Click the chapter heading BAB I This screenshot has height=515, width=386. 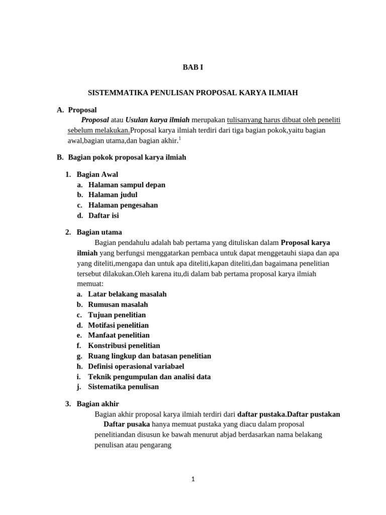pos(192,67)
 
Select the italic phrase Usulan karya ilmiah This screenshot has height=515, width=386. pos(157,120)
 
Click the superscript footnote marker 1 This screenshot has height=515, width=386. pos(180,139)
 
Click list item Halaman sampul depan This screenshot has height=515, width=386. pos(127,185)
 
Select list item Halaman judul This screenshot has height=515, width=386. pos(113,195)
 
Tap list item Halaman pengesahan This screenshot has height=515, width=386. pos(123,205)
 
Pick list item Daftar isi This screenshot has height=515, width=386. pos(104,215)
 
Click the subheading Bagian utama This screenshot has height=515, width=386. pos(99,232)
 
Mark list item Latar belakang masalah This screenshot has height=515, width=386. pos(127,294)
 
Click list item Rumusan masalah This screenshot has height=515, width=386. pos(118,304)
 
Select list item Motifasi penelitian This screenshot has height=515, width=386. pos(118,325)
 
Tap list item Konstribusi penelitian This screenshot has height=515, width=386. pos(124,346)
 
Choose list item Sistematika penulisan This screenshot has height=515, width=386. pos(123,387)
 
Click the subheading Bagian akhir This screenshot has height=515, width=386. pos(98,404)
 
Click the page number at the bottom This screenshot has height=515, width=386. pos(193,479)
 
